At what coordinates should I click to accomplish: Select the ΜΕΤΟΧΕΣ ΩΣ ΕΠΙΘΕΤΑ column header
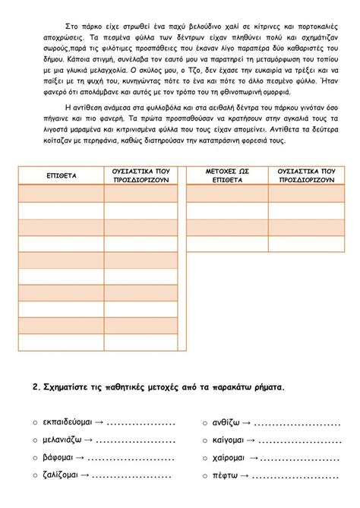pos(227,175)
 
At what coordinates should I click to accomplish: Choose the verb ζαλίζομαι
pos(62,475)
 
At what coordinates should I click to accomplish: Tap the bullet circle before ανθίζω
pos(205,423)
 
